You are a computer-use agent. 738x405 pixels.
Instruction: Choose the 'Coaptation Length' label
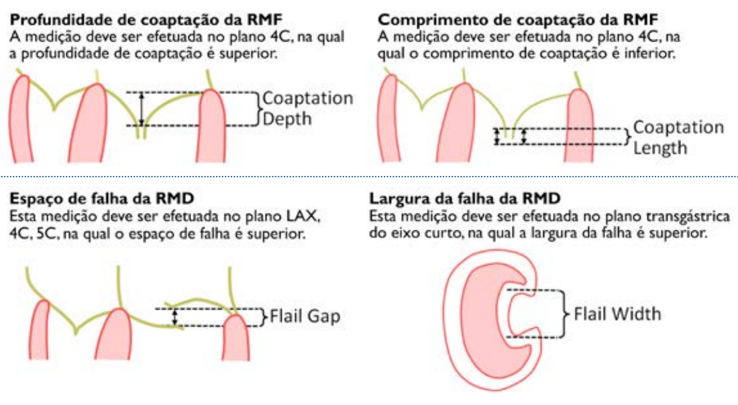point(678,137)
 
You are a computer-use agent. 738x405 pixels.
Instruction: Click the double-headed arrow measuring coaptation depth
point(141,109)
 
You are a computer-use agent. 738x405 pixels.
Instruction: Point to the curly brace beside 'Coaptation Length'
point(627,136)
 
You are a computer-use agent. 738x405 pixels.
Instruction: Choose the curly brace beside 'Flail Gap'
point(264,316)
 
